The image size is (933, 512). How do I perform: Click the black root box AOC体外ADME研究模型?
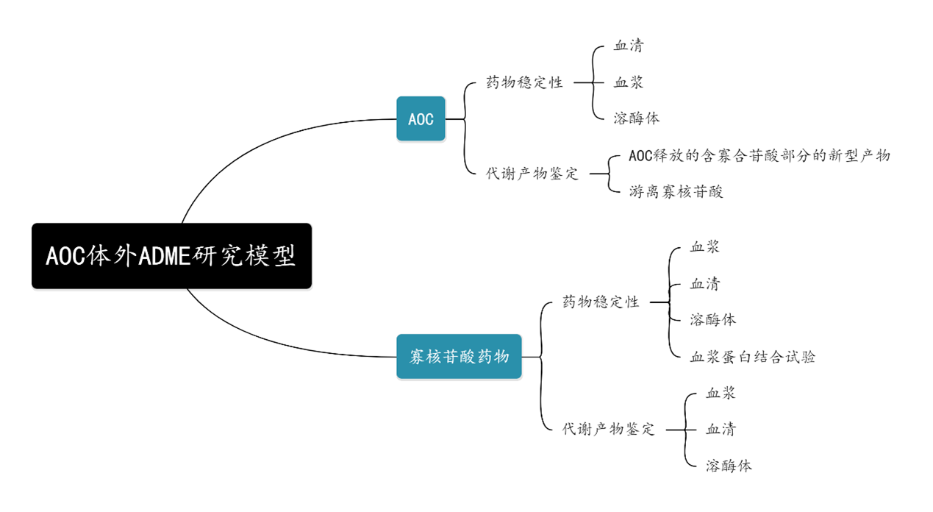click(x=171, y=256)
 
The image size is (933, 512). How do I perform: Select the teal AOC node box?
click(x=421, y=118)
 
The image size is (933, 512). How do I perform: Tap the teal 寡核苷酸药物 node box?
click(x=459, y=357)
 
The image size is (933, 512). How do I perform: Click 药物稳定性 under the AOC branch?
click(x=525, y=82)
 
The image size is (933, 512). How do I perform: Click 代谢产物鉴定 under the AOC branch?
click(x=532, y=174)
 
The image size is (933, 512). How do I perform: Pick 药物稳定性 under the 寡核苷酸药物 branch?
click(x=601, y=302)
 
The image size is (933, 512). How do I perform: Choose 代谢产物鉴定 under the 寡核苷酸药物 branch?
click(x=608, y=429)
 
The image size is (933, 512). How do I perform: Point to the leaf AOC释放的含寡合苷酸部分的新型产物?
click(x=759, y=156)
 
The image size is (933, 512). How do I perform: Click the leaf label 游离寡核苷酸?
click(x=676, y=192)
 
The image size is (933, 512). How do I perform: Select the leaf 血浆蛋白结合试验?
click(x=752, y=357)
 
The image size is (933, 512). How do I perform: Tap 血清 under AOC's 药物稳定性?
click(x=629, y=46)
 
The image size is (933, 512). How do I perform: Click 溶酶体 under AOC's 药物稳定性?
click(x=637, y=118)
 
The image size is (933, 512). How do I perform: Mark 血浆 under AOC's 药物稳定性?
click(x=629, y=82)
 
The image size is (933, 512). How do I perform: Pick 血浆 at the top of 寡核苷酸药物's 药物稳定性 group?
click(x=704, y=247)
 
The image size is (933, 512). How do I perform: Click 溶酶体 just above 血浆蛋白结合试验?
click(x=712, y=319)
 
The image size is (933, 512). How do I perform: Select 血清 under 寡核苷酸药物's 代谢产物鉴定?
click(x=721, y=429)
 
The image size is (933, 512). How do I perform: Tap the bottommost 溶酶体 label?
click(x=729, y=465)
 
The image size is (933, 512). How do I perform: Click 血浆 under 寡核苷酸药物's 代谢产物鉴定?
click(x=721, y=393)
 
